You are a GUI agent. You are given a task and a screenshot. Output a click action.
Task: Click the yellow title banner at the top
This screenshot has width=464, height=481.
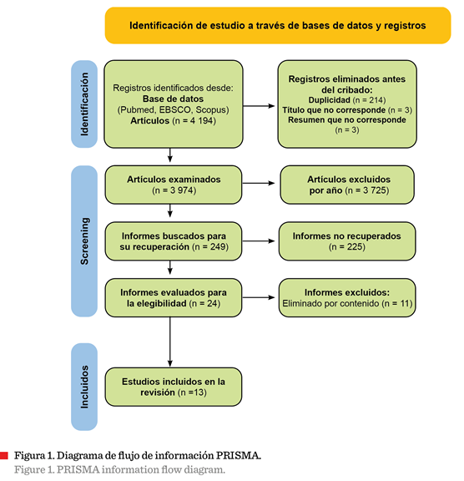pyautogui.click(x=278, y=25)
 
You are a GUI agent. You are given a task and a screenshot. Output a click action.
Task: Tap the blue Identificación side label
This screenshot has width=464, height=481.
pyautogui.click(x=84, y=104)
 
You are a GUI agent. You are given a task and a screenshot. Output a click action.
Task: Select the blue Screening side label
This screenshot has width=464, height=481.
pyautogui.click(x=84, y=241)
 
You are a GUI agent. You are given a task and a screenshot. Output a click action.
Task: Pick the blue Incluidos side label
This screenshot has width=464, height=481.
pyautogui.click(x=84, y=387)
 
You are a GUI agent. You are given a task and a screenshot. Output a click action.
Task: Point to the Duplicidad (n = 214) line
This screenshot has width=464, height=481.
pyautogui.click(x=347, y=100)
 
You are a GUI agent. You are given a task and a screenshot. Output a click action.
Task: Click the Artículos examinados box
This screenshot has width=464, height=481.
pyautogui.click(x=174, y=185)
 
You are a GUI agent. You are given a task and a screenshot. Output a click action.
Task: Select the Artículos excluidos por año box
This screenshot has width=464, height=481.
pyautogui.click(x=347, y=185)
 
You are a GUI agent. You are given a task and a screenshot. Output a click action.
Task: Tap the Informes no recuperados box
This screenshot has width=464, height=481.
pyautogui.click(x=347, y=241)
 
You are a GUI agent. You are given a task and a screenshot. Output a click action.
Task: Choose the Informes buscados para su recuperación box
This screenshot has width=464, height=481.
pyautogui.click(x=174, y=241)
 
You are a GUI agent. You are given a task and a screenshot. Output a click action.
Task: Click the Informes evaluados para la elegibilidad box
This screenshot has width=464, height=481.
pyautogui.click(x=174, y=297)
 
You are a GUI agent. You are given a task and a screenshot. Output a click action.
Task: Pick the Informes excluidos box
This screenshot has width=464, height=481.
pyautogui.click(x=347, y=297)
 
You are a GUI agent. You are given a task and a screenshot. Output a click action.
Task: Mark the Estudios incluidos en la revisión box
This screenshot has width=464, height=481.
pyautogui.click(x=174, y=387)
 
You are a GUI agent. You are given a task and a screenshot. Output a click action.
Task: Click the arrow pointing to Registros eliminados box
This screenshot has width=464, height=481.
pyautogui.click(x=259, y=106)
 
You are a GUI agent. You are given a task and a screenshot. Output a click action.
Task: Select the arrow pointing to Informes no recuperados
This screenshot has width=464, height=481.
pyautogui.click(x=259, y=241)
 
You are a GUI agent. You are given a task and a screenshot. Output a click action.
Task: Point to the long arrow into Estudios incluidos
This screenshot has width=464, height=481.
pyautogui.click(x=170, y=342)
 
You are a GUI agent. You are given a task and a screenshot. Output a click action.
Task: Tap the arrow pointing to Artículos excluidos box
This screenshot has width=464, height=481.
pyautogui.click(x=259, y=183)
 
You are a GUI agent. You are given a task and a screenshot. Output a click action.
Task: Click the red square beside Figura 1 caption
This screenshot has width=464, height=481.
pyautogui.click(x=4, y=456)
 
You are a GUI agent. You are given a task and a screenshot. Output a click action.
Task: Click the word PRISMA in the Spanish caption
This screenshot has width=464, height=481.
pyautogui.click(x=237, y=456)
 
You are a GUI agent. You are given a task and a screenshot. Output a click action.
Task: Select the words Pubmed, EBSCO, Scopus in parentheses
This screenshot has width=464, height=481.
pyautogui.click(x=173, y=110)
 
